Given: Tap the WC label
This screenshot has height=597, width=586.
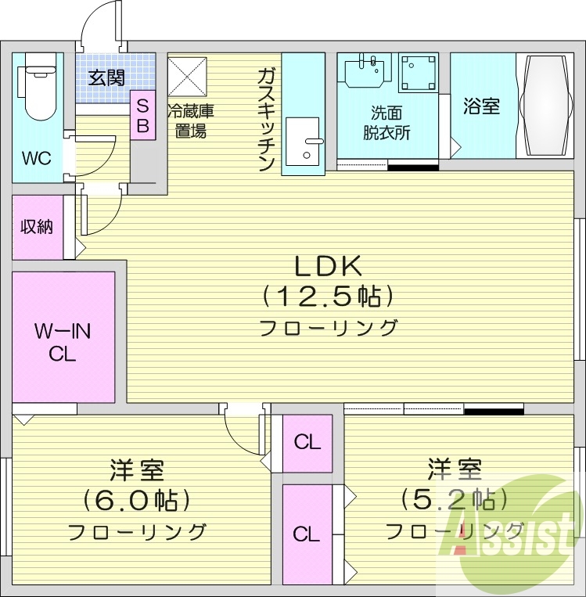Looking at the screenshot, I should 36,158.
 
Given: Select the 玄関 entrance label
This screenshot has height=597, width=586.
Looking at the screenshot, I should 106,77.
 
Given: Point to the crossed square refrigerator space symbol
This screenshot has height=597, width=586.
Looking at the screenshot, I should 185,75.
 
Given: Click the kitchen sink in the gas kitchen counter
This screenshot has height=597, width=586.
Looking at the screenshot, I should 304,141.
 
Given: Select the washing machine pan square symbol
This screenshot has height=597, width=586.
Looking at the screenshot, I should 418,73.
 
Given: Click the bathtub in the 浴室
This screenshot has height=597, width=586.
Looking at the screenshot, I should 547,105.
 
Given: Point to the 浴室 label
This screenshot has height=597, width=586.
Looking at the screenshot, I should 481,106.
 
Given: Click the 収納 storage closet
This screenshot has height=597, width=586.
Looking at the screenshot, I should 37,227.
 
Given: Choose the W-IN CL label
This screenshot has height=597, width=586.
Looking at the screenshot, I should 63,343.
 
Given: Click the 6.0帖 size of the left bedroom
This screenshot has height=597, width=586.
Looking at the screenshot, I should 136,500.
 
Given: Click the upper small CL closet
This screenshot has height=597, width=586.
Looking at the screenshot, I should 307,442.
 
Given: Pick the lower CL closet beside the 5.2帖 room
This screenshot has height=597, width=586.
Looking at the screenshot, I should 307,534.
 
